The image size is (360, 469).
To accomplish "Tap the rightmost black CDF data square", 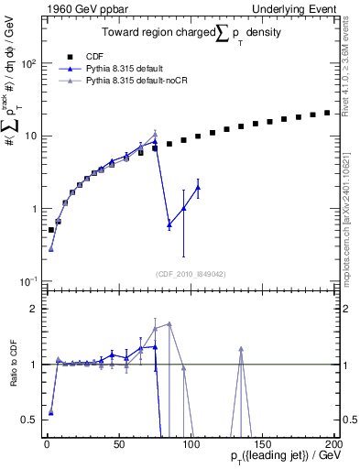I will tap(327, 113).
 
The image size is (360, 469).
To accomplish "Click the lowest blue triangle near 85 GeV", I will tap(169, 224).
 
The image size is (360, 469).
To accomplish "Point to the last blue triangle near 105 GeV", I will tap(198, 187).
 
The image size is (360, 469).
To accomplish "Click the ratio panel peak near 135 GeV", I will tap(241, 349).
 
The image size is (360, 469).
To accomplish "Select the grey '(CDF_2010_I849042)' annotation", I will tap(190, 272).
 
